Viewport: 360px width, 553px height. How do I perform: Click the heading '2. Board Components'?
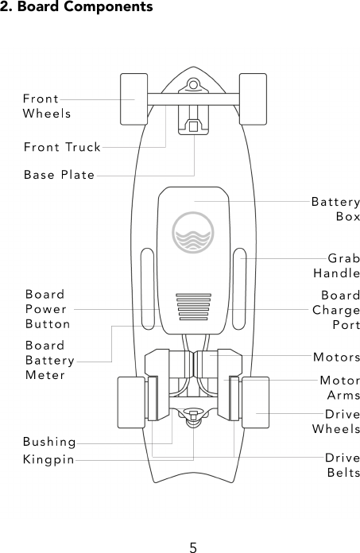[x=76, y=7]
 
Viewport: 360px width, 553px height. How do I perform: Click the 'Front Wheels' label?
[x=46, y=106]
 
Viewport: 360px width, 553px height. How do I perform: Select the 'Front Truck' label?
[x=62, y=147]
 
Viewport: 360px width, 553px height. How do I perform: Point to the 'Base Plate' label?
[x=59, y=175]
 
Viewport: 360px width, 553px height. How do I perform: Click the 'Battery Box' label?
[x=335, y=210]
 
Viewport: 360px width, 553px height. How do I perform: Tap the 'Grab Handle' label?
[x=336, y=266]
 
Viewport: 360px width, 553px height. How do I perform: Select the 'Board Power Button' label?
[x=48, y=309]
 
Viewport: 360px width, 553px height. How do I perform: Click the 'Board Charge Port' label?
[x=336, y=310]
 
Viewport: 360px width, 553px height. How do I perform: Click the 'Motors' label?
[x=336, y=357]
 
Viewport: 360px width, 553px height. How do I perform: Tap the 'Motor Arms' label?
[x=339, y=388]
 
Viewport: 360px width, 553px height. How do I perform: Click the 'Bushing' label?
[x=49, y=442]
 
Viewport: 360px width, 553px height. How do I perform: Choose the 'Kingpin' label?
[x=48, y=460]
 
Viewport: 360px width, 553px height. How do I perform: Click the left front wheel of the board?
[x=133, y=99]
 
